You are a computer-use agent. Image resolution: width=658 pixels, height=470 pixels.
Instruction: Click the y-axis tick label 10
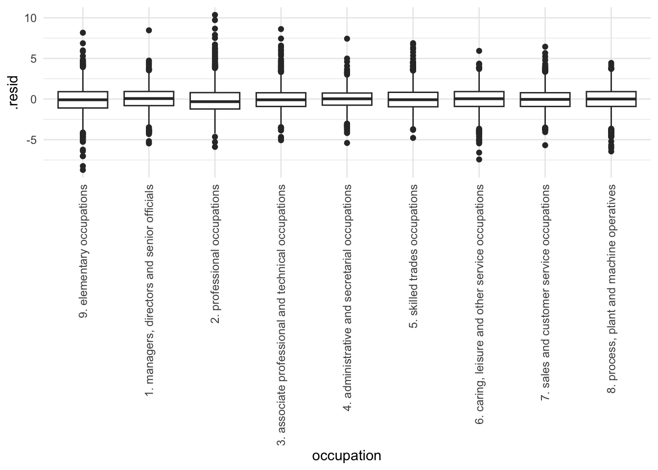point(30,18)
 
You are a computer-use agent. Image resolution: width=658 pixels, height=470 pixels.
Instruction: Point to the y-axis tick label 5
point(33,59)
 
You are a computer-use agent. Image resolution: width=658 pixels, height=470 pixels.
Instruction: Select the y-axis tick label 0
point(33,99)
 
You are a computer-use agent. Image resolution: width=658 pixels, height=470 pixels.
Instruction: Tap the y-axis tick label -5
point(31,140)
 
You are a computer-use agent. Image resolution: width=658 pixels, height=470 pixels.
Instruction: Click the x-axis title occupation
point(346,456)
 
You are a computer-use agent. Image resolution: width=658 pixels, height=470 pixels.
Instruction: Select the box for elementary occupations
point(83,100)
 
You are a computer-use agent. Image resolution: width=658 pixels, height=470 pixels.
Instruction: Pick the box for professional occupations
point(215,100)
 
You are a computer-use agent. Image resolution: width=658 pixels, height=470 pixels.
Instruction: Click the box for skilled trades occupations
point(413,99)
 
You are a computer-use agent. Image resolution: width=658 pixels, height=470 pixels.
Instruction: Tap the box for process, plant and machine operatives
point(611,99)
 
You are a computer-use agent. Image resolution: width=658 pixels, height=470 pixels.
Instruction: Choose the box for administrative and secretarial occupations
point(347,99)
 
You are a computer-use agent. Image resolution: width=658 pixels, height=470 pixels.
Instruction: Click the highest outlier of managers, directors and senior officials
point(149,30)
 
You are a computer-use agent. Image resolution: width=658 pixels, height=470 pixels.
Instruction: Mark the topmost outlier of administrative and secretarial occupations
point(347,39)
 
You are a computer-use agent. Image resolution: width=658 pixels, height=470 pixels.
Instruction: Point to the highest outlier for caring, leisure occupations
point(479,51)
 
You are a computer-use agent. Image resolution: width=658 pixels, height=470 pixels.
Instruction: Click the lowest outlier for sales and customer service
point(545,145)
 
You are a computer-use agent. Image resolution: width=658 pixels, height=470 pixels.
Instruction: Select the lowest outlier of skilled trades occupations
point(413,138)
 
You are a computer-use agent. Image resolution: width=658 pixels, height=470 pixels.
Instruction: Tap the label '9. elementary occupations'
point(83,251)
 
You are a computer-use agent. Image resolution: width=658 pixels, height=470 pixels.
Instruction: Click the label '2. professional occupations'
point(215,254)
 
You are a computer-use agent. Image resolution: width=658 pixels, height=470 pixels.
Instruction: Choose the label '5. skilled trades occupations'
point(413,256)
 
